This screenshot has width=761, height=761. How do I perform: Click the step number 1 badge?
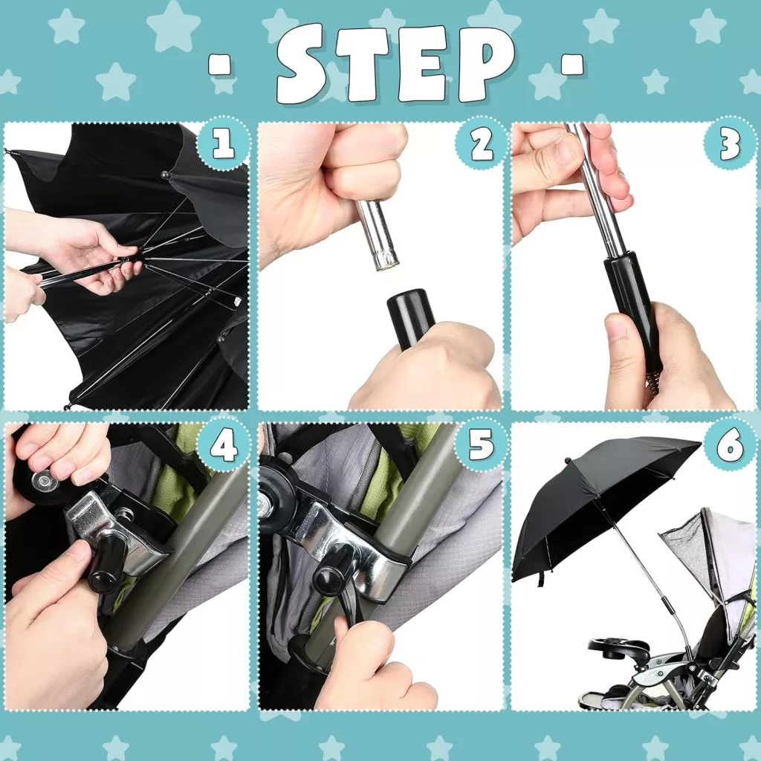pyautogui.click(x=224, y=144)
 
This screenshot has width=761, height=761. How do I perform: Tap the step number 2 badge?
pyautogui.click(x=481, y=144)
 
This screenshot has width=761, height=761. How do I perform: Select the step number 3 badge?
pyautogui.click(x=730, y=144)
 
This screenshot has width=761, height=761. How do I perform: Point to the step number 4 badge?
pyautogui.click(x=224, y=446)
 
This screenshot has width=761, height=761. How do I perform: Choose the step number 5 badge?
pyautogui.click(x=481, y=446)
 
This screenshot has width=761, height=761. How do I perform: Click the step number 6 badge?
pyautogui.click(x=730, y=446)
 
